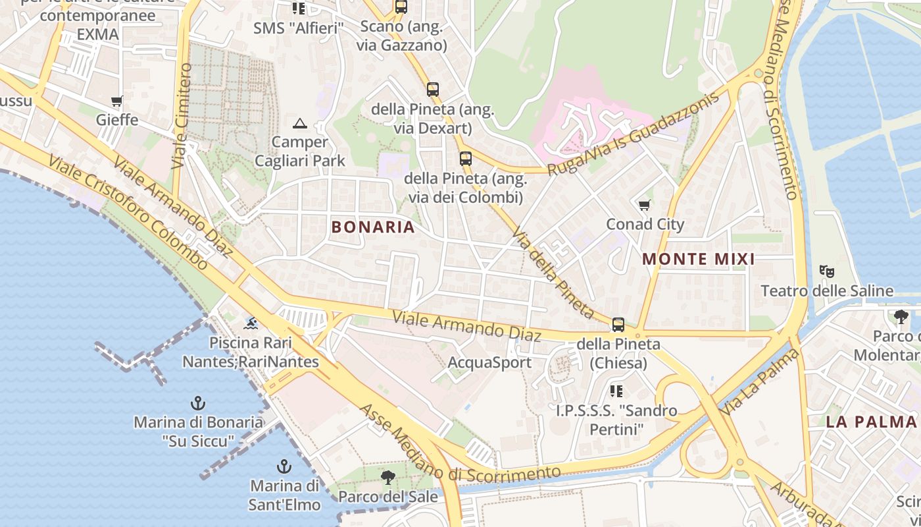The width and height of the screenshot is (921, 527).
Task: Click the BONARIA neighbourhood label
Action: click(373, 227)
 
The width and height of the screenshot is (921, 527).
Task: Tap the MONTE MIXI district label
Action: click(698, 259)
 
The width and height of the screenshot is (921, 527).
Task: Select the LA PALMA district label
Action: click(871, 422)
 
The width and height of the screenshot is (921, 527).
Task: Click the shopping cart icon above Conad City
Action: click(644, 206)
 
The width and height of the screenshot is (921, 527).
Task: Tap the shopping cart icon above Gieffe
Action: click(117, 101)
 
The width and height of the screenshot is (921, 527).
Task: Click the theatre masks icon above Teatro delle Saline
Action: click(827, 271)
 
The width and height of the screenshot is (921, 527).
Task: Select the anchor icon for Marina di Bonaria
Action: click(197, 402)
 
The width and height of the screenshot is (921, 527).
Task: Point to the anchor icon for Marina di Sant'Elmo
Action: click(284, 466)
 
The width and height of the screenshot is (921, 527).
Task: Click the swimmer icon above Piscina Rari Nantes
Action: click(251, 323)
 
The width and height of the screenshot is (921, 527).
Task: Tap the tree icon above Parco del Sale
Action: click(388, 477)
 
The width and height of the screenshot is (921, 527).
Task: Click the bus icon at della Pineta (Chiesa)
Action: click(618, 324)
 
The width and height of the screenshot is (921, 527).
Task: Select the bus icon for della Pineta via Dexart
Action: click(432, 90)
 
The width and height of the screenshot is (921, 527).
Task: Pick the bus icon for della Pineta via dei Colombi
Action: click(466, 159)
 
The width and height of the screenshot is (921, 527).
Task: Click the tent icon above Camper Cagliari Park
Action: click(300, 123)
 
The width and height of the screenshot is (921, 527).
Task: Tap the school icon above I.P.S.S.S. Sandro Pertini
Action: click(616, 391)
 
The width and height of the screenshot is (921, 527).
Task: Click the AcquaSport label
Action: click(489, 362)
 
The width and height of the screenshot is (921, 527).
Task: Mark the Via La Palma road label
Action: click(760, 382)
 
